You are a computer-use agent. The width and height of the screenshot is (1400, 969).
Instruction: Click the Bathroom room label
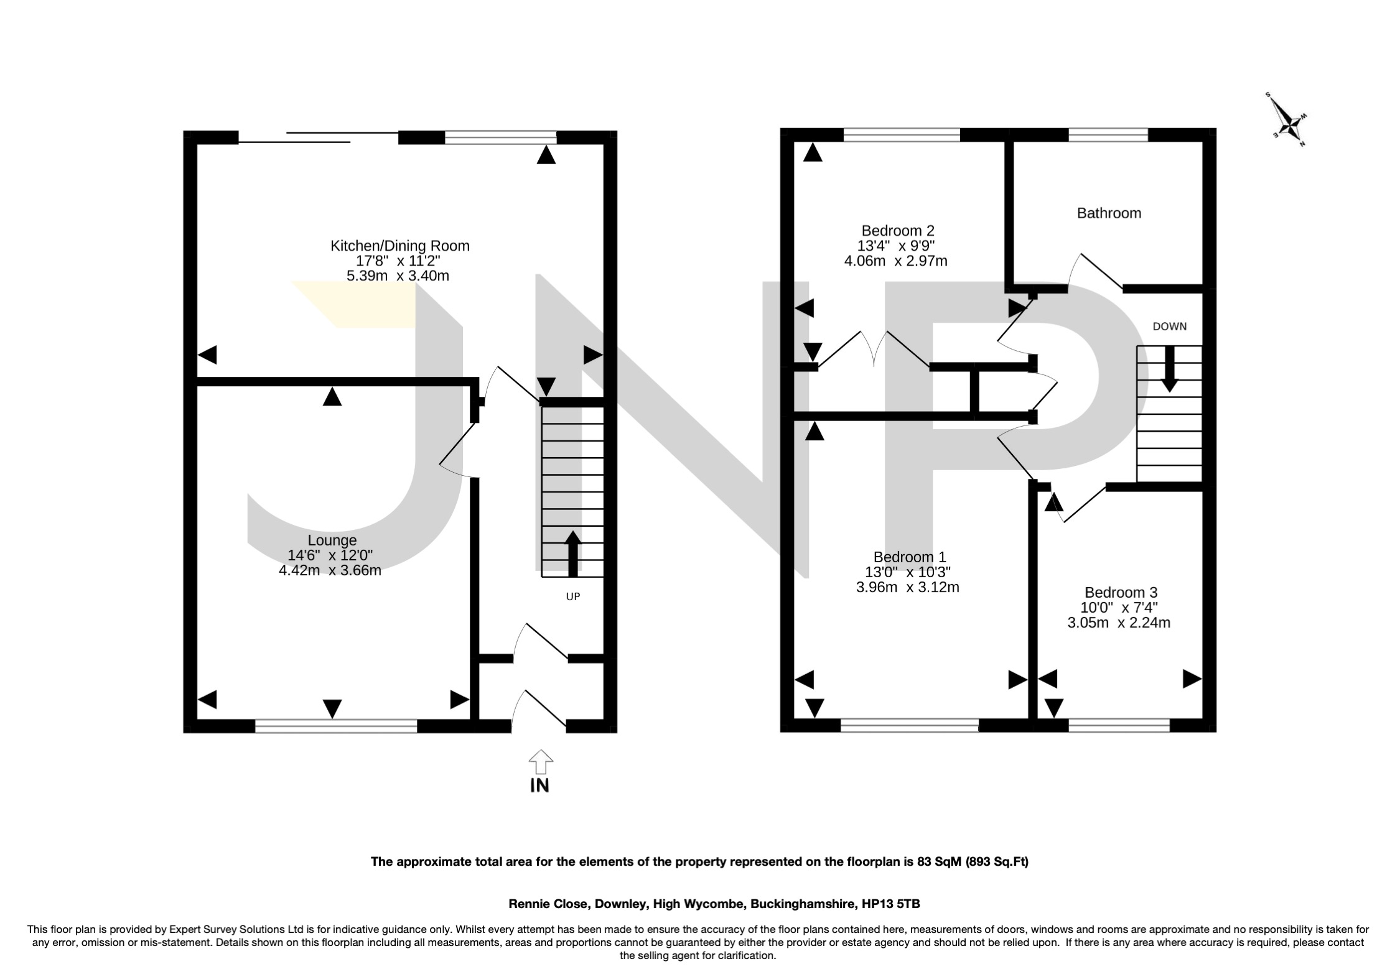(x=1109, y=213)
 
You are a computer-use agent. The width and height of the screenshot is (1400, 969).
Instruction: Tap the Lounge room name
(x=332, y=540)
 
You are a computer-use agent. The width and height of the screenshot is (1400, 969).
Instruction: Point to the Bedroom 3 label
(x=1121, y=593)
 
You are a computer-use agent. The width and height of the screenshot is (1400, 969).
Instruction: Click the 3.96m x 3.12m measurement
(x=907, y=586)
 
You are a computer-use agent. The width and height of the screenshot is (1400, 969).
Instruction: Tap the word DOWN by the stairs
(x=1169, y=327)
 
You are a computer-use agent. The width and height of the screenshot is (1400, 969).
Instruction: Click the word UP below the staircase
(x=572, y=596)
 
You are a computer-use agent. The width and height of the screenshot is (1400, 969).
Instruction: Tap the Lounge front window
(x=336, y=726)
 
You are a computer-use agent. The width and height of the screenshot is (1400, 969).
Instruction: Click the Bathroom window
(x=1108, y=134)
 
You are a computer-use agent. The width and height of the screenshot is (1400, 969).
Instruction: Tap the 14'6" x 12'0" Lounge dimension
(x=330, y=555)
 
